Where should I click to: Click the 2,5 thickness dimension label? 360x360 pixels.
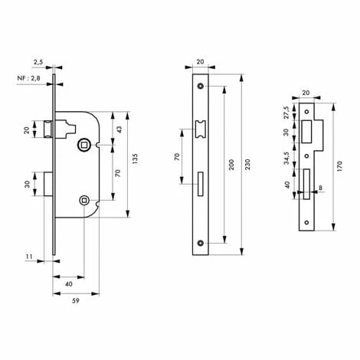38,62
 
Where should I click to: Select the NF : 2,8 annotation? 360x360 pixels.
28,78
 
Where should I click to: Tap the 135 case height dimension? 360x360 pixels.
135,159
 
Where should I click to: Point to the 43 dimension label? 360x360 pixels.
119,129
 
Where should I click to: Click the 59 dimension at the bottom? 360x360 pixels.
76,301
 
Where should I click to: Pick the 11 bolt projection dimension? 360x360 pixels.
29,257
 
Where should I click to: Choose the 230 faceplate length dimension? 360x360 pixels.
247,165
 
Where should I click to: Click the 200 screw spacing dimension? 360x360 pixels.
231,165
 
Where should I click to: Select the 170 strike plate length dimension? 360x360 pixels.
339,166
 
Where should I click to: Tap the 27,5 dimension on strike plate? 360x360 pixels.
286,113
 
